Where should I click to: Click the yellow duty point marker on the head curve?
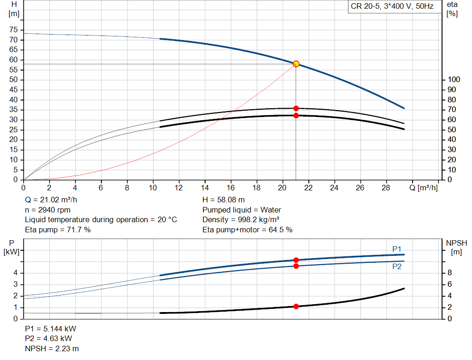coord(296,64)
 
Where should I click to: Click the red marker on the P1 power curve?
coord(296,260)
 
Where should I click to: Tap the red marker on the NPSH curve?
coord(296,307)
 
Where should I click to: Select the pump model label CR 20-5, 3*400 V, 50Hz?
coord(392,7)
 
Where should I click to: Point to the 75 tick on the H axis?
coord(13,30)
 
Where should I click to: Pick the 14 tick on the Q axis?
coord(205,188)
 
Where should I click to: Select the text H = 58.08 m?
coord(224,200)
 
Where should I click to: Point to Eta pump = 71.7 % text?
coord(58,230)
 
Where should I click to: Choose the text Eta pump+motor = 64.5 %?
coord(248,230)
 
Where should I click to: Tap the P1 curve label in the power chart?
coord(397,249)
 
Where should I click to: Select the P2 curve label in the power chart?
coord(397,266)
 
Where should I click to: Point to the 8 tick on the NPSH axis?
coord(453,273)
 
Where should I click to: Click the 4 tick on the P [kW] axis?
coord(15,273)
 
